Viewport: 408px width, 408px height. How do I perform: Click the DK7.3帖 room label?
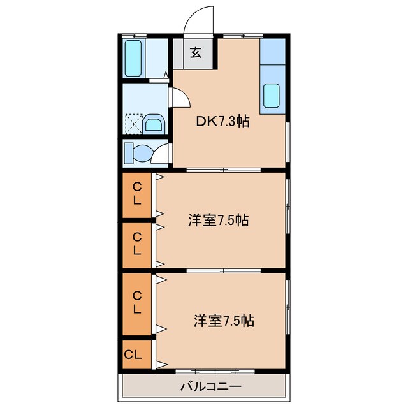(222, 122)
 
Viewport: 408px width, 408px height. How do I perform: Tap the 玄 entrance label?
(196, 53)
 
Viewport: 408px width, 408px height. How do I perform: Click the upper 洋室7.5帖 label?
(218, 221)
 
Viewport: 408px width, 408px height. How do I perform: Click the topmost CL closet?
(136, 196)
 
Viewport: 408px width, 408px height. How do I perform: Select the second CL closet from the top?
(136, 244)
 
